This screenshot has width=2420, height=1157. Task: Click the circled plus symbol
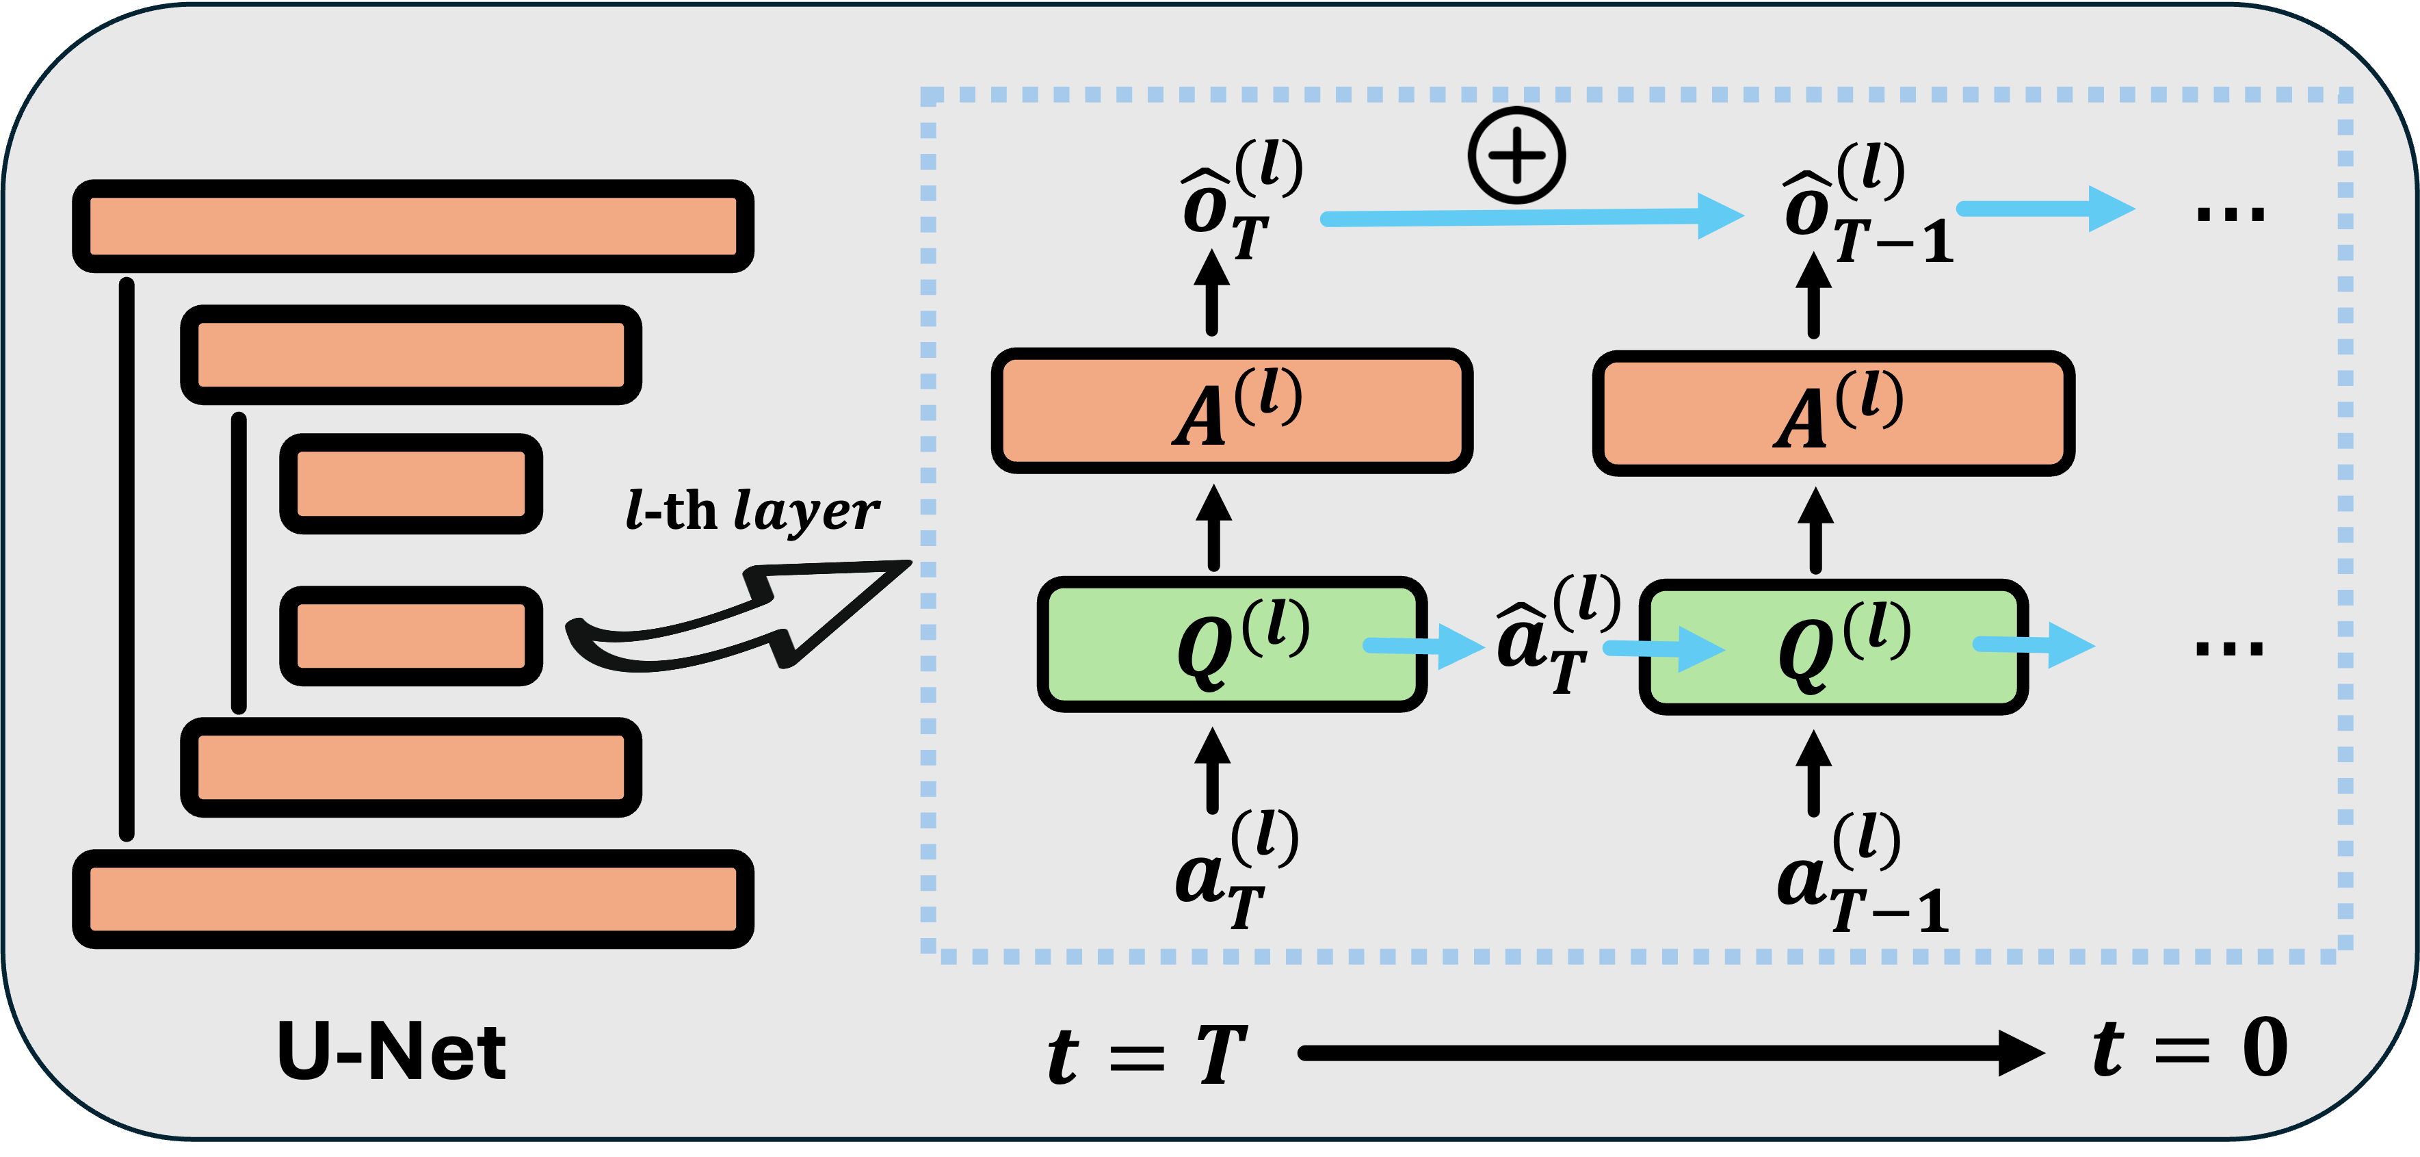(x=1516, y=155)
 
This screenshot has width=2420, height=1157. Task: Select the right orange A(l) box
(x=1833, y=413)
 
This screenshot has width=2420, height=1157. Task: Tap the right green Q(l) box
(x=1833, y=647)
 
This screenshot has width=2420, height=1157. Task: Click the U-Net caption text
(x=392, y=1051)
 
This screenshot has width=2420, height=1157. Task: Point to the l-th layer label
(x=752, y=511)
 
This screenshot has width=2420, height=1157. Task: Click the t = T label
(x=1147, y=1054)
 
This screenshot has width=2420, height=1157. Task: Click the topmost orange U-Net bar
(x=413, y=226)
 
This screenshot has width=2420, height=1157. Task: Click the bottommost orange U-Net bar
(x=413, y=898)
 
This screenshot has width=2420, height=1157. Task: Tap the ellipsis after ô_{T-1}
(x=2229, y=214)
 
